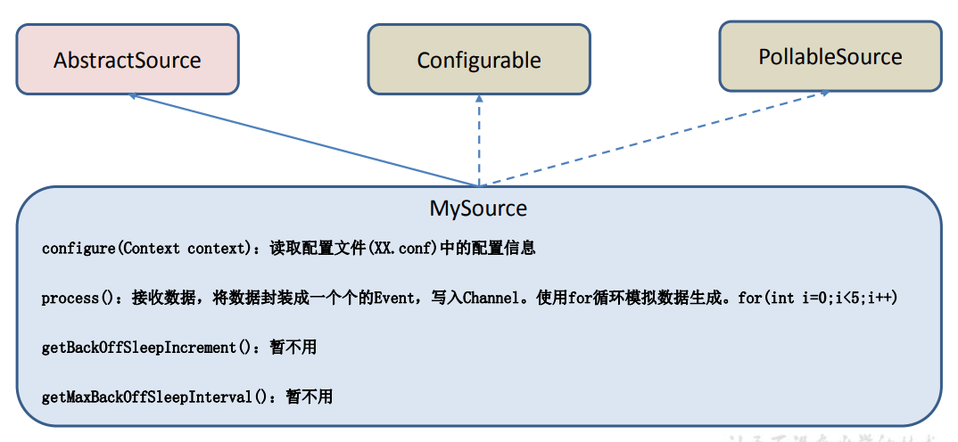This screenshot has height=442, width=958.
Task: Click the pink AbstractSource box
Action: (128, 60)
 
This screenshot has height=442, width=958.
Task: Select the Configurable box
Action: (479, 60)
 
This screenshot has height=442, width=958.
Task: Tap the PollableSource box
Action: (830, 57)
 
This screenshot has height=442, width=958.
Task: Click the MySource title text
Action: (478, 209)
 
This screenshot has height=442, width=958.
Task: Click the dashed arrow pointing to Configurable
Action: (479, 143)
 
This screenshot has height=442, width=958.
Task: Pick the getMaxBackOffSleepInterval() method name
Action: (154, 397)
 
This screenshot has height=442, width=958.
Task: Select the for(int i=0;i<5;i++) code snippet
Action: (817, 298)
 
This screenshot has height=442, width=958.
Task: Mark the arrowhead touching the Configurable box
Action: (479, 99)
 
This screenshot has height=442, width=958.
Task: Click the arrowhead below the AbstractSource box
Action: (134, 95)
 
